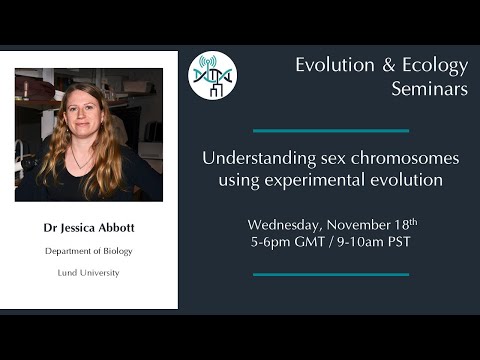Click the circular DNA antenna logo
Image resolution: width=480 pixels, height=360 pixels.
point(212,76)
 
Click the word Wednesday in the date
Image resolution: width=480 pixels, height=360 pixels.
point(286,224)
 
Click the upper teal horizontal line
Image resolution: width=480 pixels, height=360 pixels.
point(330,130)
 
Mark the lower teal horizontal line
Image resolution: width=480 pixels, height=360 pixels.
point(330,274)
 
